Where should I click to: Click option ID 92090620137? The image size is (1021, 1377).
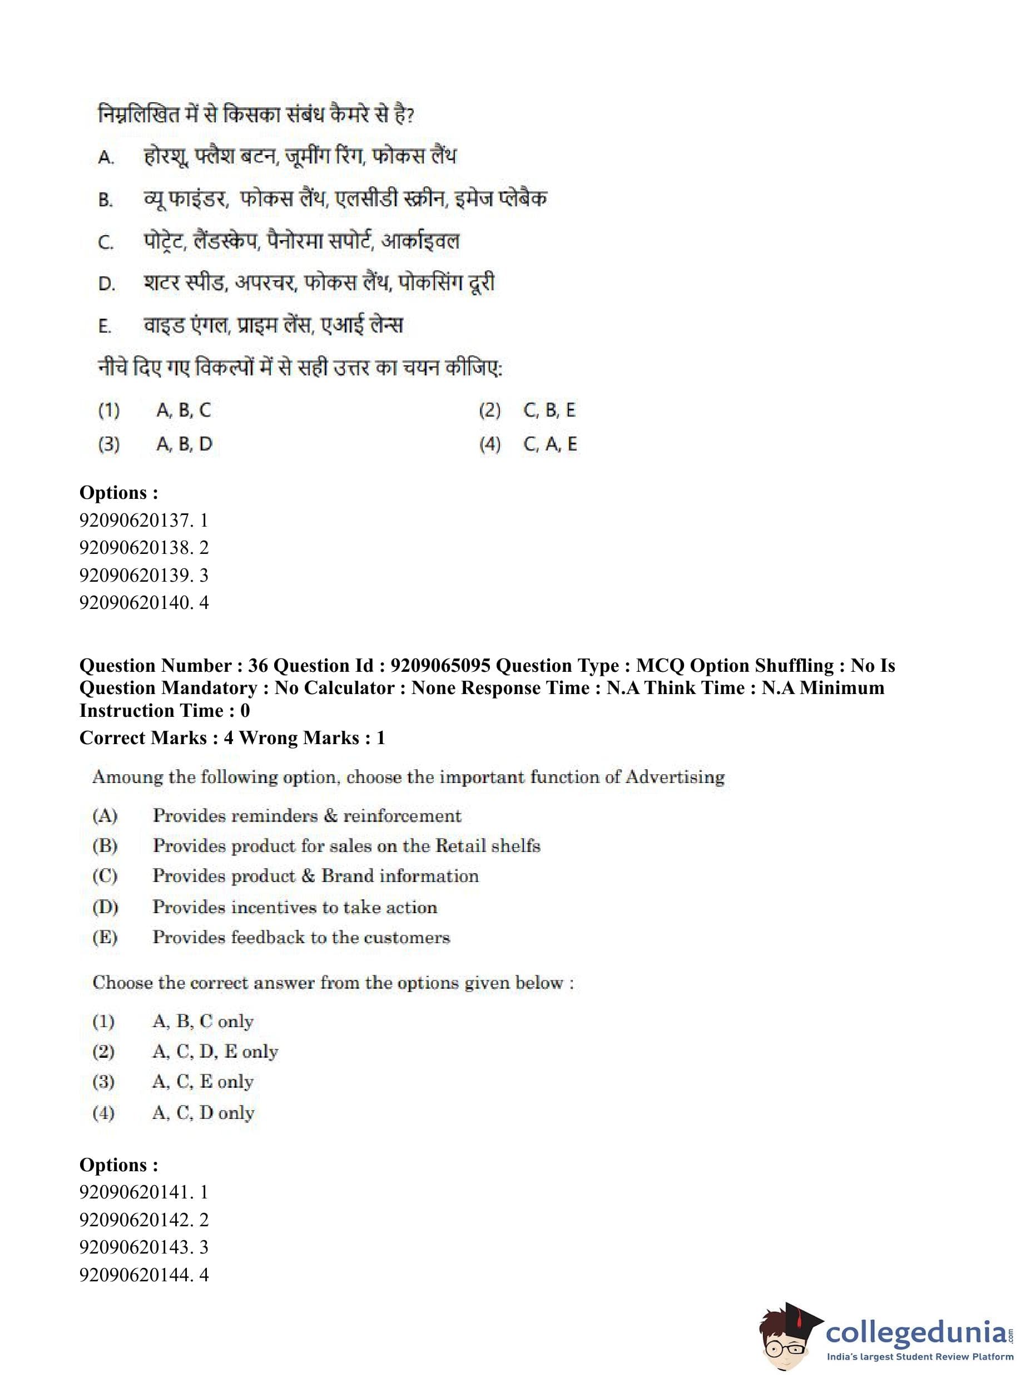click(143, 520)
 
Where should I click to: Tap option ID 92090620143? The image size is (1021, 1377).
click(143, 1247)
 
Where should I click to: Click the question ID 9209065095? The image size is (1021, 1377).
click(440, 666)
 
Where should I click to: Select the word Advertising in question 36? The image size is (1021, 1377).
click(675, 777)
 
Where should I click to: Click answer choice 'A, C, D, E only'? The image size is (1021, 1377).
click(215, 1051)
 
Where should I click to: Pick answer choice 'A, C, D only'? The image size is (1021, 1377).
click(204, 1112)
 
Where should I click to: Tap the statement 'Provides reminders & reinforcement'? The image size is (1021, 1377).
click(306, 816)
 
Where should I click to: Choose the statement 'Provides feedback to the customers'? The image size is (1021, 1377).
click(301, 938)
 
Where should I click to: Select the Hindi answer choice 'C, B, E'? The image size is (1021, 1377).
click(549, 410)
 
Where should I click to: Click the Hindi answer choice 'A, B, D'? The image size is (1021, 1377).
click(184, 444)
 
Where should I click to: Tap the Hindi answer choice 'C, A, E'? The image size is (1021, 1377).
click(549, 444)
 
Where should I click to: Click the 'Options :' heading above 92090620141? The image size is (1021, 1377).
click(118, 1165)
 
